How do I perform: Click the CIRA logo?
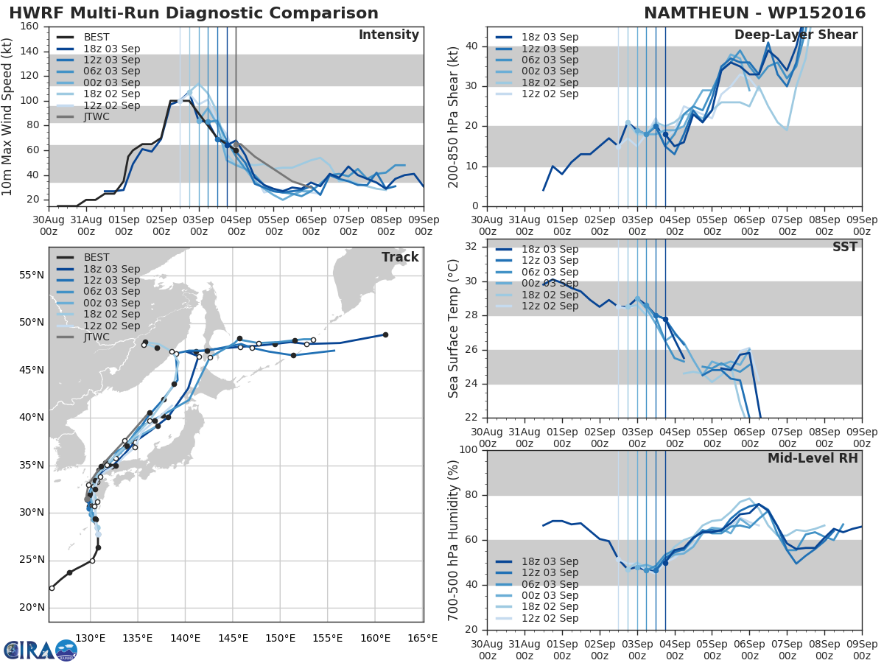[x=41, y=650]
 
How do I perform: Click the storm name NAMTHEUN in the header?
[x=700, y=13]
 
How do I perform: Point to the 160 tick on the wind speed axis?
[x=29, y=27]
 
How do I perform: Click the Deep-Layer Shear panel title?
[x=796, y=35]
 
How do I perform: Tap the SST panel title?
[x=844, y=247]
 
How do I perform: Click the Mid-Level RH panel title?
[x=813, y=458]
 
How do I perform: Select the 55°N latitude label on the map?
[x=32, y=276]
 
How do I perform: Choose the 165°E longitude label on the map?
[x=422, y=639]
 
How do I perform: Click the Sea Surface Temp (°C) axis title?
[x=453, y=329]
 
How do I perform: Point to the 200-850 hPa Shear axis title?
[x=453, y=118]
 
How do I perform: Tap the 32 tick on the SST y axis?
[x=471, y=246]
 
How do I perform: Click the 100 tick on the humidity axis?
[x=469, y=449]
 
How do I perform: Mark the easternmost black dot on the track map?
[x=385, y=335]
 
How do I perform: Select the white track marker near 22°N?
[x=52, y=588]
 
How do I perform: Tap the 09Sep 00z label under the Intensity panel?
[x=424, y=225]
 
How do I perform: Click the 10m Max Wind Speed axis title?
[x=7, y=116]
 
